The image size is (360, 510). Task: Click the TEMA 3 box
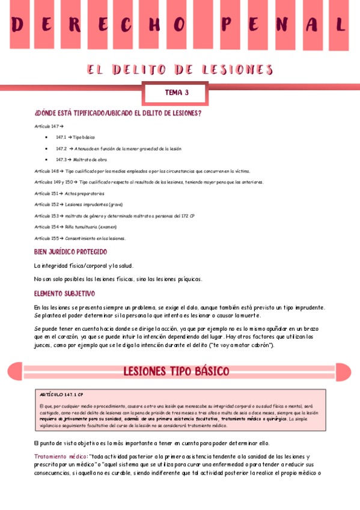tap(177, 93)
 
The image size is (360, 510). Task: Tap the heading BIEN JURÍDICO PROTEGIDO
tap(71, 251)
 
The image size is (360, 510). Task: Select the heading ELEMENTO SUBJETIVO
tap(65, 293)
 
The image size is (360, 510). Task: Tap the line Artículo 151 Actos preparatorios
tap(69, 194)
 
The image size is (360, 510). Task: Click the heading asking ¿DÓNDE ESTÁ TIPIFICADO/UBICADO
tap(118, 112)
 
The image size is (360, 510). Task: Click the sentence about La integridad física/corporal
tap(84, 265)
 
